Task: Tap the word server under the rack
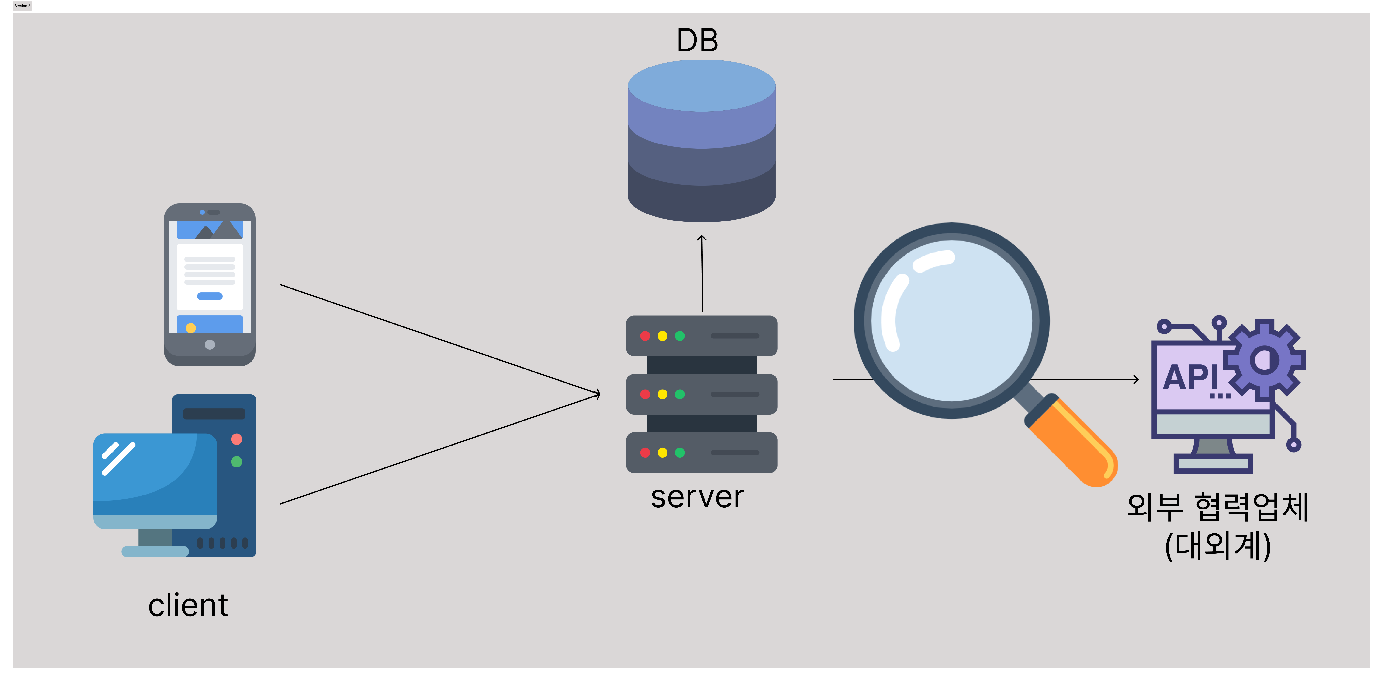tap(697, 497)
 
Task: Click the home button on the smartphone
tap(210, 345)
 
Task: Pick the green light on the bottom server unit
tap(680, 453)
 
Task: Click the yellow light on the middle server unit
tap(663, 394)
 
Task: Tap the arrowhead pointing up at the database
tap(702, 239)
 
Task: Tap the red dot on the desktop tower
tap(237, 439)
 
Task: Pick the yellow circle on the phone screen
tap(191, 328)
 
